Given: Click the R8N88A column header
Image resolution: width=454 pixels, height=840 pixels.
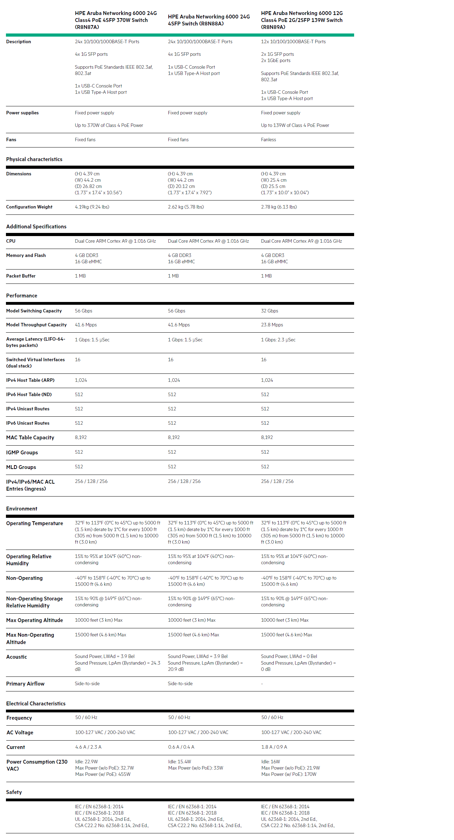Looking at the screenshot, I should [208, 20].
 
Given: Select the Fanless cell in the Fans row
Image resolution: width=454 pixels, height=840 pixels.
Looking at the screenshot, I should [268, 140].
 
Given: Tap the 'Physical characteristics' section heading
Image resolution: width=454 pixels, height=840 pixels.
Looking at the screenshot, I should [34, 159].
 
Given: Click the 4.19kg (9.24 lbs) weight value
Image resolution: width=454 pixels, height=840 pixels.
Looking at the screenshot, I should [92, 207].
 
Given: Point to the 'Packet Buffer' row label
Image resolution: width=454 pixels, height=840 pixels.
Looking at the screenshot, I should [21, 276].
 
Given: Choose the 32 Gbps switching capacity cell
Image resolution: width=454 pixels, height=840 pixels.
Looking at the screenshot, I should [269, 311].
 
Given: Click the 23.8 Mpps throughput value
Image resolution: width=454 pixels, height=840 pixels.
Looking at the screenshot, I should [272, 325].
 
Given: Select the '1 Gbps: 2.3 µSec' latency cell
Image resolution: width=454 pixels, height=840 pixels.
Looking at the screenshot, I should [278, 340].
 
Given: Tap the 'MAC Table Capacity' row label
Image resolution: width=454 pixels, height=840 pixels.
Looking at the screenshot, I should [30, 438].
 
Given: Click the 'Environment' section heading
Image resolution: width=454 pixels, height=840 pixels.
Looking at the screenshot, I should [22, 509].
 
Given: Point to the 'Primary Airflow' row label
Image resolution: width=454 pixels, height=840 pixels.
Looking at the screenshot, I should [25, 684].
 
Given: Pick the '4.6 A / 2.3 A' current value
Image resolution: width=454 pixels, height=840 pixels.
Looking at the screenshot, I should [88, 747].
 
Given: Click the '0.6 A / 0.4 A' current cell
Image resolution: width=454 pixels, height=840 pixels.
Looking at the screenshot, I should [181, 747].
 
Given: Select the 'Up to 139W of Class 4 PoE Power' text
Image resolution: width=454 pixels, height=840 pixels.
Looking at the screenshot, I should [295, 126].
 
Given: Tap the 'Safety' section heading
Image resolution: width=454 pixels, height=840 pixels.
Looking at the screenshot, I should [14, 792].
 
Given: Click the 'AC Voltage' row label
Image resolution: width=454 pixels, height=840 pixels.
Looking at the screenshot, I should [20, 733].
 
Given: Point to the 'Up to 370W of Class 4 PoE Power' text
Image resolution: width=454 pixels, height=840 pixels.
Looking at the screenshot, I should [109, 126].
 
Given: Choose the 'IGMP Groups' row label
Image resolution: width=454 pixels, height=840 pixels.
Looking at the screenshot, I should [22, 453].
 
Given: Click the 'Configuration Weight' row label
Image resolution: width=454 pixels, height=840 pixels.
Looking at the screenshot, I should [29, 207].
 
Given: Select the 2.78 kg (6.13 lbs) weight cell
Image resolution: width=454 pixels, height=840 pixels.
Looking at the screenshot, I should [279, 207].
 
